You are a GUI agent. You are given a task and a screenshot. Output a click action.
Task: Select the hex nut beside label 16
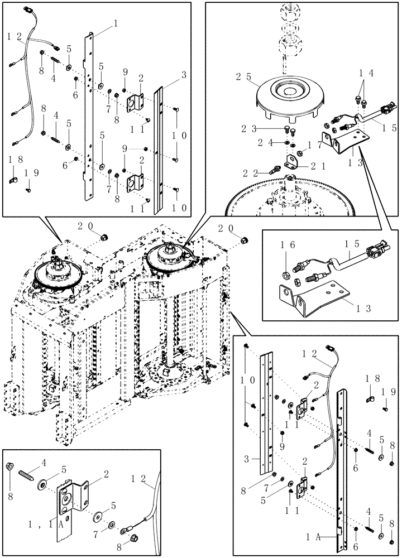tap(285, 275)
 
